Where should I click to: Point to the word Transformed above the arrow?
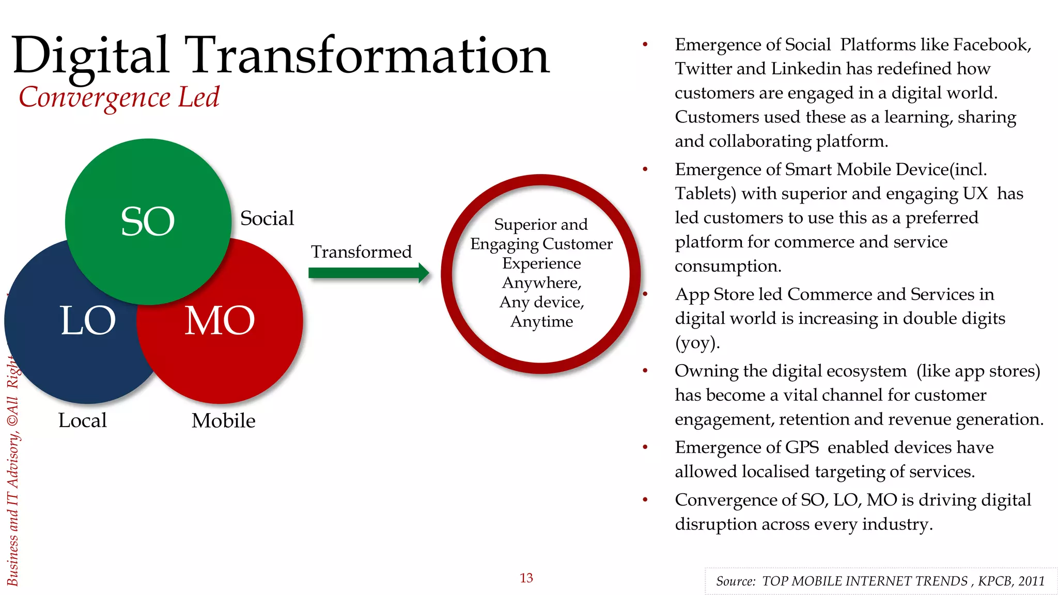coord(361,252)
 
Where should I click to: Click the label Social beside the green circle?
coord(267,218)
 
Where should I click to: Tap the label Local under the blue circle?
coord(82,420)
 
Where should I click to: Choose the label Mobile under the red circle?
coord(223,420)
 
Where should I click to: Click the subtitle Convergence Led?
coord(119,97)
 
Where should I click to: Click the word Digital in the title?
coord(90,56)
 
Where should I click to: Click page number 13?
coord(526,578)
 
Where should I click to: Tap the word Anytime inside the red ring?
coord(541,322)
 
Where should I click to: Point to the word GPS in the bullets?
coord(802,447)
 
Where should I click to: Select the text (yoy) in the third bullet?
coord(697,343)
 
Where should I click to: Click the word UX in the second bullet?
coord(975,194)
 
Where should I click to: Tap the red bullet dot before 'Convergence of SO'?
coord(645,499)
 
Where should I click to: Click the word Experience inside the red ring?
coord(541,263)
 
